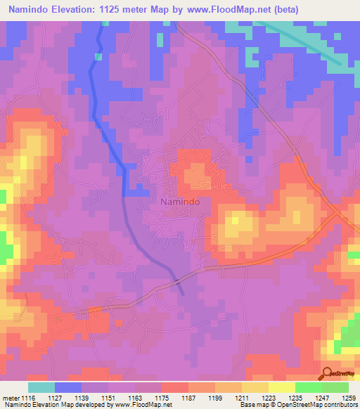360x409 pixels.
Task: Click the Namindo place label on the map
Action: pyautogui.click(x=176, y=201)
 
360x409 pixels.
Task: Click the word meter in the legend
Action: pyautogui.click(x=10, y=398)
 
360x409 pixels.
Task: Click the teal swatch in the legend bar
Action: pyautogui.click(x=41, y=387)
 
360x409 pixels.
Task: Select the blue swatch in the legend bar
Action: pyautogui.click(x=68, y=387)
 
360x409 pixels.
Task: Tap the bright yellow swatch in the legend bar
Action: pyautogui.click(x=281, y=387)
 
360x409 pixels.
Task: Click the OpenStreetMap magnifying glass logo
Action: pyautogui.click(x=326, y=373)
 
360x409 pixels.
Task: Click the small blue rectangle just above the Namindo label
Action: pyautogui.click(x=136, y=190)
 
